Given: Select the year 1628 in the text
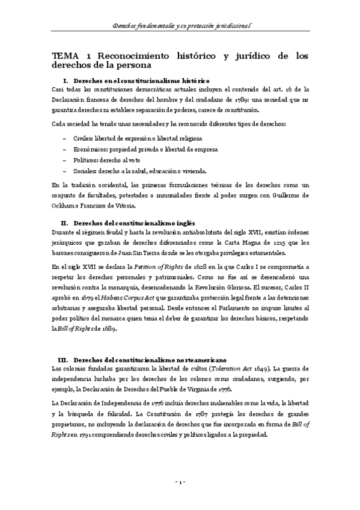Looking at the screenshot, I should (x=187, y=265).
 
